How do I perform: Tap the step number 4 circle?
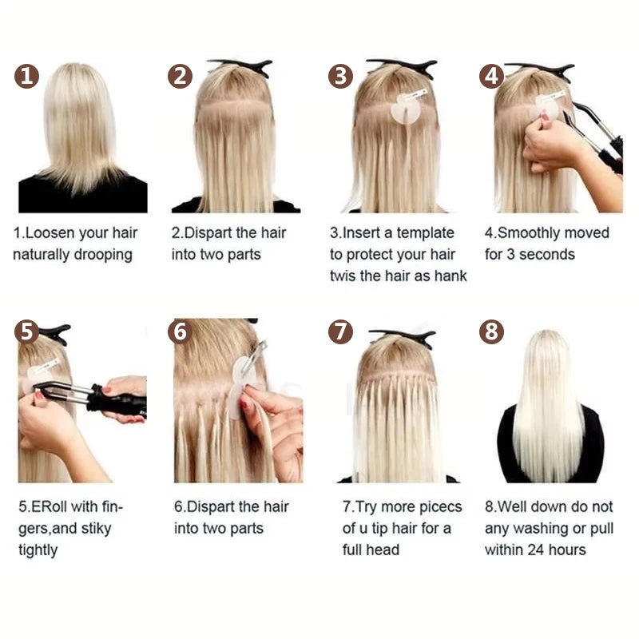pos(491,77)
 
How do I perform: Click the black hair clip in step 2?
pos(239,66)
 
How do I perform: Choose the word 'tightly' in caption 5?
pos(39,550)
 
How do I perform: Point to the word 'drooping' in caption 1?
pos(102,255)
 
